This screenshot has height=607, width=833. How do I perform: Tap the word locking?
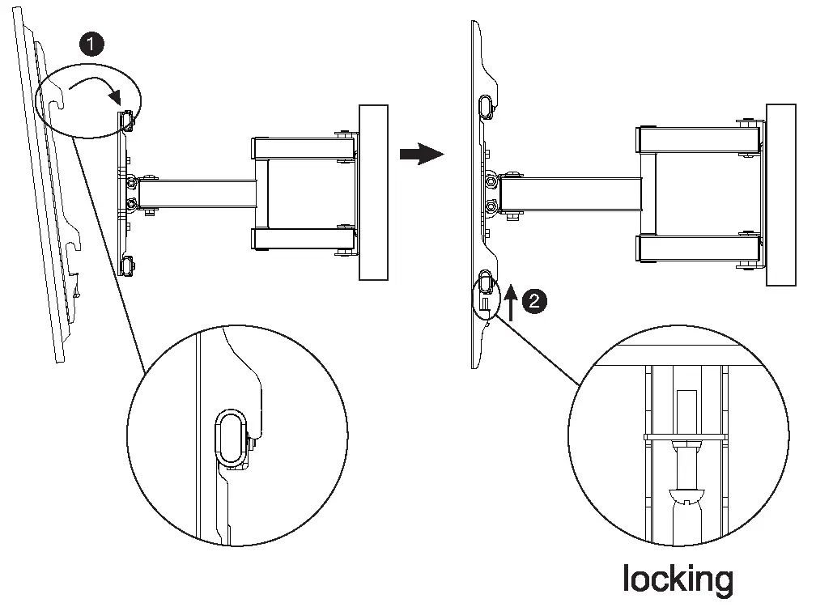[678, 579]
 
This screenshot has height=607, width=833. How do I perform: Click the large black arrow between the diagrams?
[422, 154]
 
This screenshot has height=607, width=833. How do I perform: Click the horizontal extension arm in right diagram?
[570, 193]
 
